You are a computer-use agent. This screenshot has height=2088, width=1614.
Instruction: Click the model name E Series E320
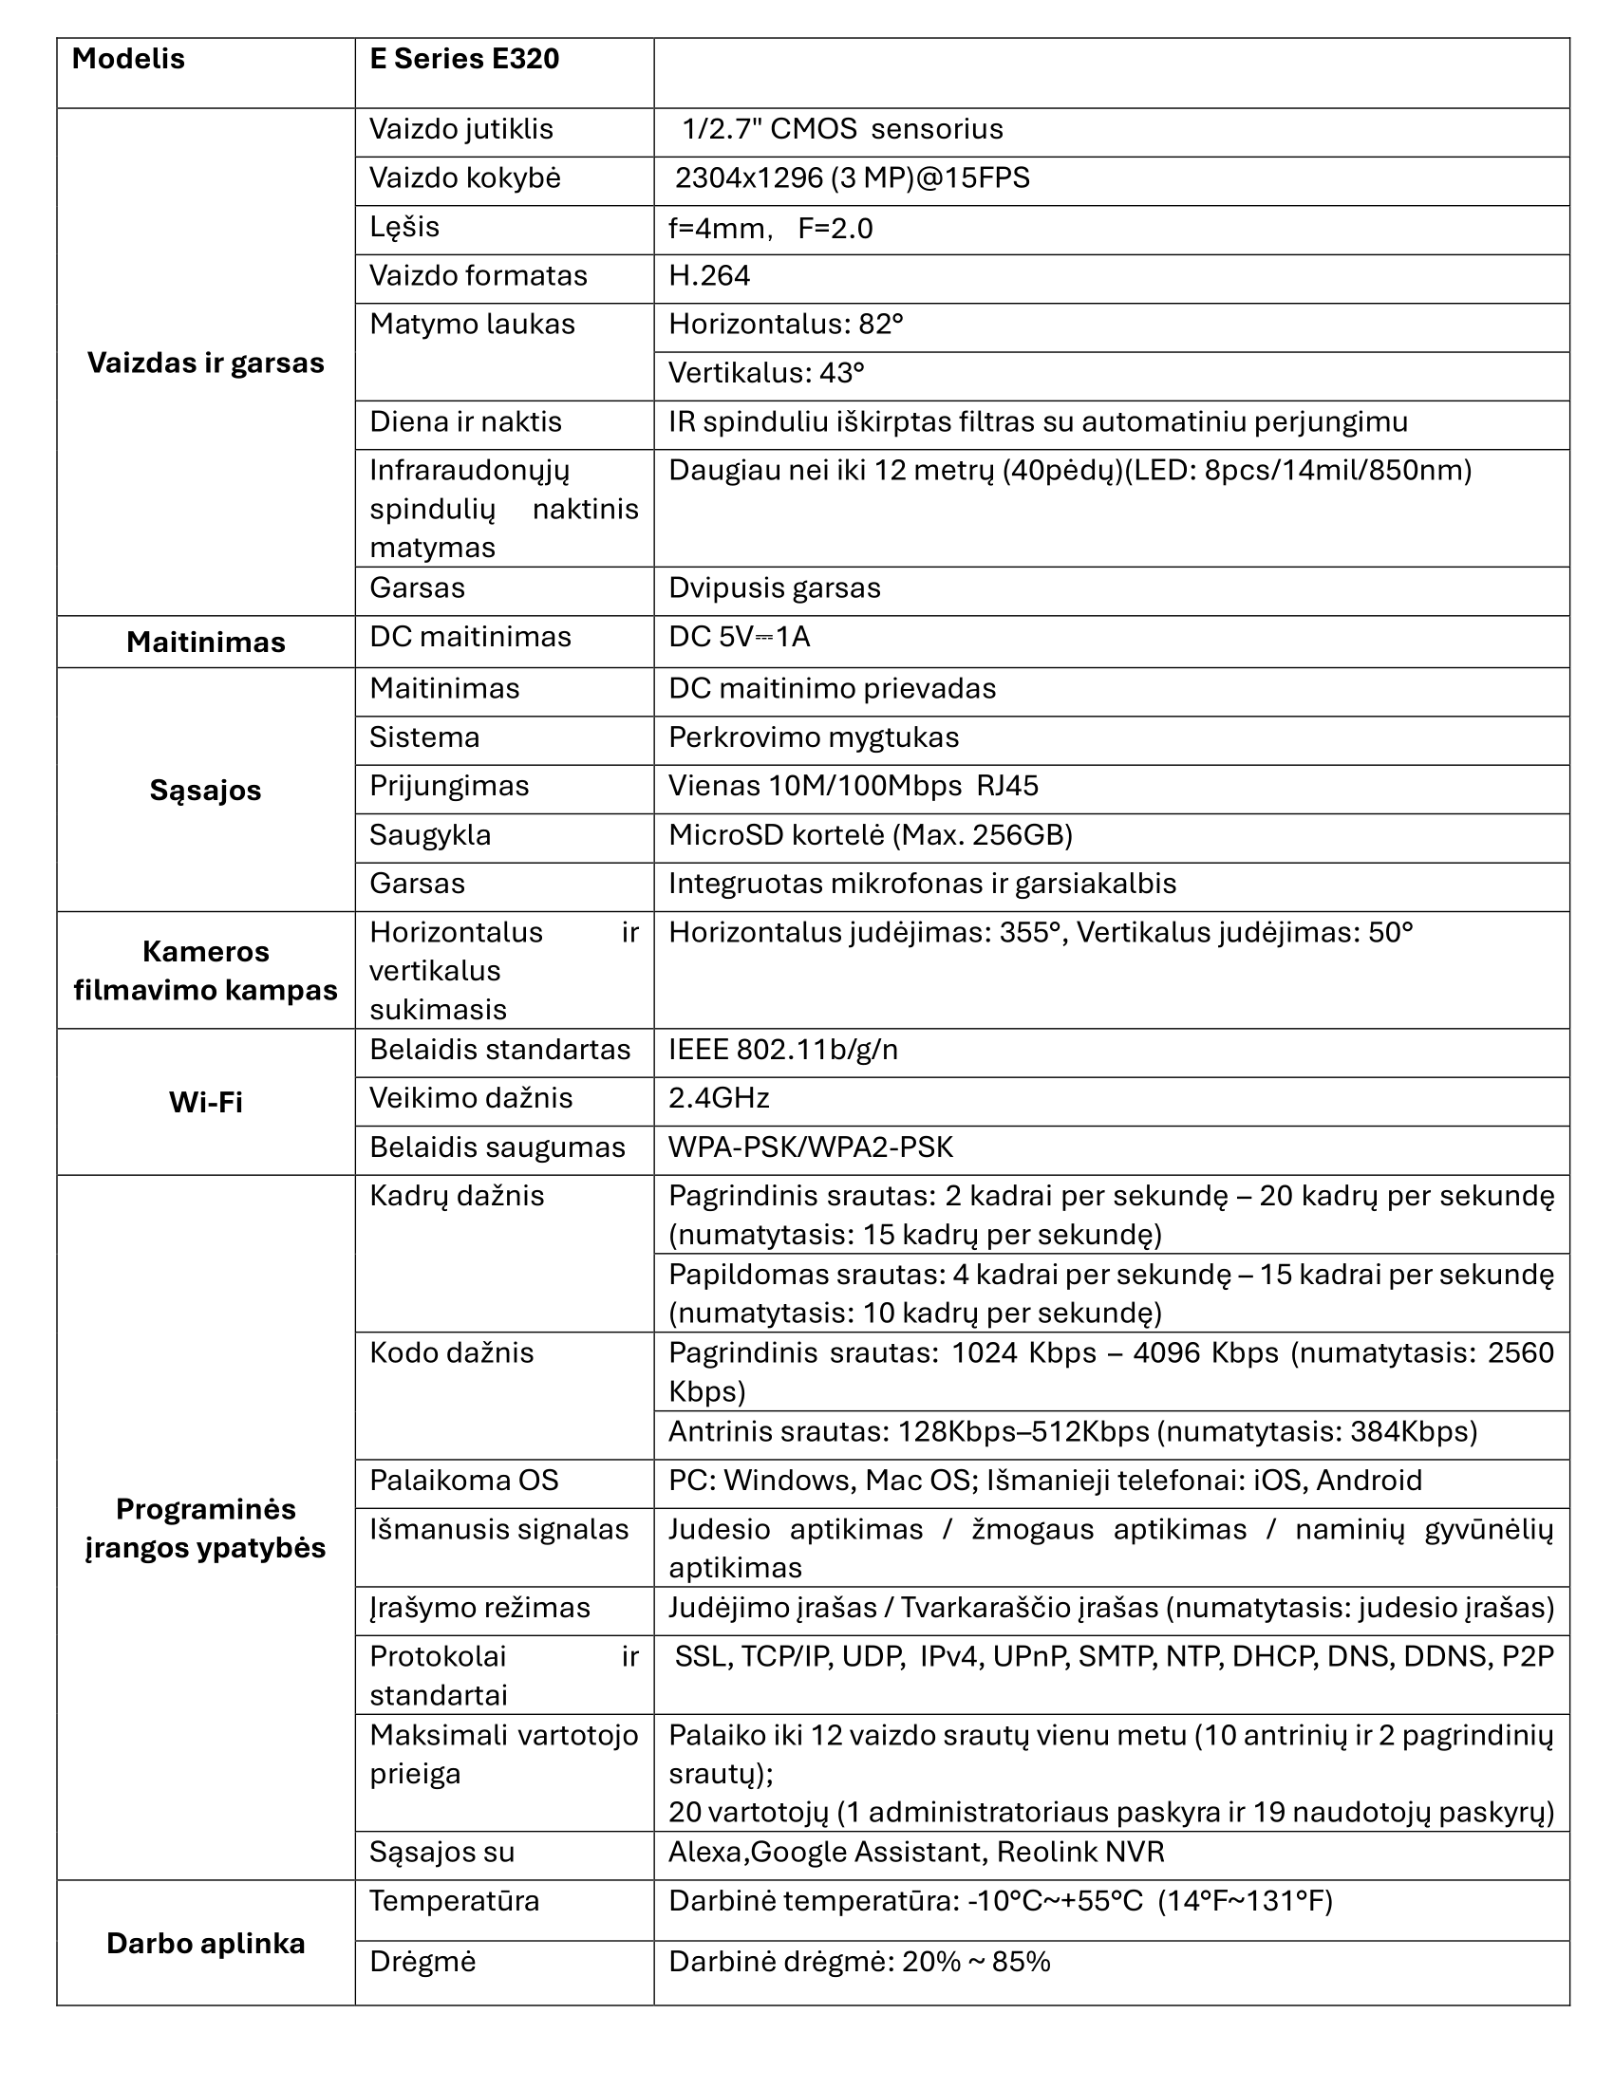coord(463,59)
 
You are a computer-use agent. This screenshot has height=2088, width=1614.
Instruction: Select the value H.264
coord(708,276)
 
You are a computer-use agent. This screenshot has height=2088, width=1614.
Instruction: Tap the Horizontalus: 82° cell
coord(785,325)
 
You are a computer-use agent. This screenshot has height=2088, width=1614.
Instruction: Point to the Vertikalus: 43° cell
coord(766,373)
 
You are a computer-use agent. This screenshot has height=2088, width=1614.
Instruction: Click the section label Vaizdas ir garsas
coord(206,364)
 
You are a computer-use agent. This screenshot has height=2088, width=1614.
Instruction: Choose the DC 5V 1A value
coord(739,637)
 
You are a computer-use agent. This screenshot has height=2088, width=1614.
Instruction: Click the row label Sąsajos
coord(206,791)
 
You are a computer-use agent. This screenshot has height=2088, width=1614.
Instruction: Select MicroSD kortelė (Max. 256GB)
coord(870,835)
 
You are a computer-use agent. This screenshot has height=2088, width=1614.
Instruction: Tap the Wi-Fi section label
coord(206,1102)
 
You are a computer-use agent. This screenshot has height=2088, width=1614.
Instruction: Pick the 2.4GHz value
coord(718,1097)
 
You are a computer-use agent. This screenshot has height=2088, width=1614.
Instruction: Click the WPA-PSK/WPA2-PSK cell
coord(810,1147)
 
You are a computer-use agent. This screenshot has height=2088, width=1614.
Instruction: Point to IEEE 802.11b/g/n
coord(782,1050)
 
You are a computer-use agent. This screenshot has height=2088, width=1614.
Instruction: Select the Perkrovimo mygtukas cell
coord(813,738)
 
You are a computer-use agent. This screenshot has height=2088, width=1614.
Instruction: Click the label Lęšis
coord(404,228)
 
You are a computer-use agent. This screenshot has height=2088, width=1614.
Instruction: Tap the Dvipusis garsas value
coord(774,588)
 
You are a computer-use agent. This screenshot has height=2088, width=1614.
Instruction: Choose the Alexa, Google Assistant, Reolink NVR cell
coord(916,1852)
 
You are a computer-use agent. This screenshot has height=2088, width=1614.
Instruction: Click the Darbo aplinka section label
coord(206,1944)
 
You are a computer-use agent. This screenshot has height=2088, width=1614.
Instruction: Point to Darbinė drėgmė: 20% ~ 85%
coord(858,1962)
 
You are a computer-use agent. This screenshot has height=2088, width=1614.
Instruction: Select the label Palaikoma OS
coord(463,1481)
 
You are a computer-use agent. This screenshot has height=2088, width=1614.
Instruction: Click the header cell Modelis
coord(128,59)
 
